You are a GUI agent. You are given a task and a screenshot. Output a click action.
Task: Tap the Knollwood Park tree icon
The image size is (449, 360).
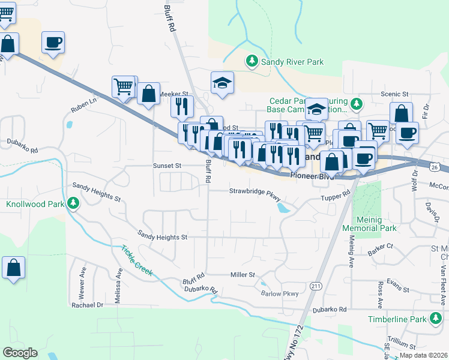pyautogui.click(x=73, y=204)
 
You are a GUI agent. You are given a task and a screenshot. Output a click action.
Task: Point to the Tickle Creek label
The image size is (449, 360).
pyautogui.click(x=136, y=261)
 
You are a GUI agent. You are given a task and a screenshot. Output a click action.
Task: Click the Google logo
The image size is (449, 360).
pyautogui.click(x=20, y=353)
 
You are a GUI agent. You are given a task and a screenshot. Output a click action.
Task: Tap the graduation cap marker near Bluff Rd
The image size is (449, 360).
pyautogui.click(x=222, y=83)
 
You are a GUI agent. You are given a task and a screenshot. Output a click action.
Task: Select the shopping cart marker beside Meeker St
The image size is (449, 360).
pyautogui.click(x=124, y=86)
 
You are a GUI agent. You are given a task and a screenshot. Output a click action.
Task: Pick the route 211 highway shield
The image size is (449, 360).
pyautogui.click(x=316, y=287)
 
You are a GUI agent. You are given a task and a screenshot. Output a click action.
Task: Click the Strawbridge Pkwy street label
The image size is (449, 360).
pyautogui.click(x=255, y=191)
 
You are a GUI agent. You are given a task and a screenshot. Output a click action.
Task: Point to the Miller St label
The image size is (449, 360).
pyautogui.click(x=243, y=274)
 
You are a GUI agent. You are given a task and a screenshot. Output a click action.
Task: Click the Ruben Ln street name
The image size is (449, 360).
pyautogui.click(x=83, y=103)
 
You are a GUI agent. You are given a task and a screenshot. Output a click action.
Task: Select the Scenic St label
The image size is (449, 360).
pyautogui.click(x=394, y=95)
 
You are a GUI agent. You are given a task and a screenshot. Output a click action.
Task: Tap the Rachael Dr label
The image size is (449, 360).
pyautogui.click(x=88, y=305)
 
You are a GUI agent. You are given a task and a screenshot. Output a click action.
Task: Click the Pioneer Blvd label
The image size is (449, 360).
pyautogui.click(x=310, y=176)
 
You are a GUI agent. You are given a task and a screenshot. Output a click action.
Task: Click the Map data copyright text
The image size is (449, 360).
pyautogui.click(x=424, y=355)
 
